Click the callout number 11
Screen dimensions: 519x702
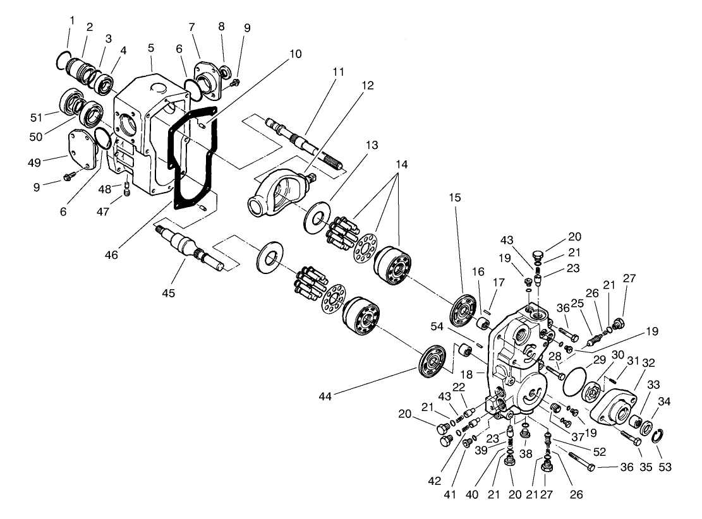coord(339,72)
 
